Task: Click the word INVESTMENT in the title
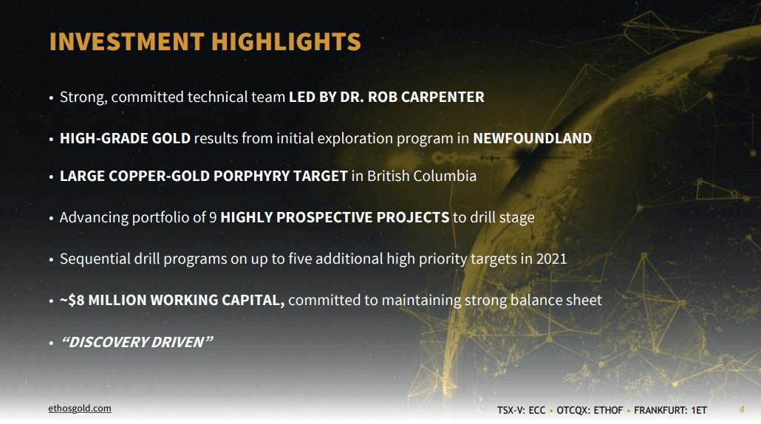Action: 126,41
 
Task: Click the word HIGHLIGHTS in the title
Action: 287,41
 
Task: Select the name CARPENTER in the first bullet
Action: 443,97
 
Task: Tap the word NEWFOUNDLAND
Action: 533,138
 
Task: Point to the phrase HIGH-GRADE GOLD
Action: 125,138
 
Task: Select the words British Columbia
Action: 422,176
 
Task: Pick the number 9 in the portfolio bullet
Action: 213,217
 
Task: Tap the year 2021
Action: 551,259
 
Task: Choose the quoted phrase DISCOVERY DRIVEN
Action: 137,342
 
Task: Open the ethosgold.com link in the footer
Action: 80,408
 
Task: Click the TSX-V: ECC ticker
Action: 521,411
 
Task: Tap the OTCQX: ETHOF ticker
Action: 590,411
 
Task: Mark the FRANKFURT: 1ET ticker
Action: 670,411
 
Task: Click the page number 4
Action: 742,409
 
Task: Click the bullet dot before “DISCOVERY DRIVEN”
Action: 51,343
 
